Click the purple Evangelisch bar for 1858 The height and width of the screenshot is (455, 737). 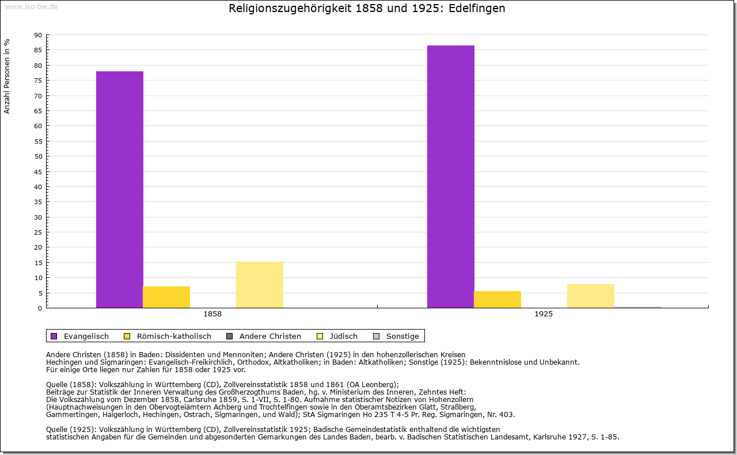click(120, 190)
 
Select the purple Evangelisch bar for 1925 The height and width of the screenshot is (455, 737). click(451, 177)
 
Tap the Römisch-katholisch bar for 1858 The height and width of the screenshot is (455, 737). click(166, 297)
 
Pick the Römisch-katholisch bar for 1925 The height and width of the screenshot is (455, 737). click(497, 299)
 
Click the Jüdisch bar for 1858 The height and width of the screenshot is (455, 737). click(260, 285)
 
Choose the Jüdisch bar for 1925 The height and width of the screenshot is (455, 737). click(591, 296)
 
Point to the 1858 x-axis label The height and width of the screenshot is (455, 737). click(212, 315)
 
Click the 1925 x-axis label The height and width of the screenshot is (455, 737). click(544, 315)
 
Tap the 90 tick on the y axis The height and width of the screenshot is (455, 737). click(38, 35)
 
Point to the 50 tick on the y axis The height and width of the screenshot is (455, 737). click(38, 156)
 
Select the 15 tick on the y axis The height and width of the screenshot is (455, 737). click(38, 263)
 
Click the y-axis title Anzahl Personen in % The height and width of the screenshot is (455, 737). click(7, 76)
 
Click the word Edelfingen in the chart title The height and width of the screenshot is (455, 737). click(477, 9)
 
